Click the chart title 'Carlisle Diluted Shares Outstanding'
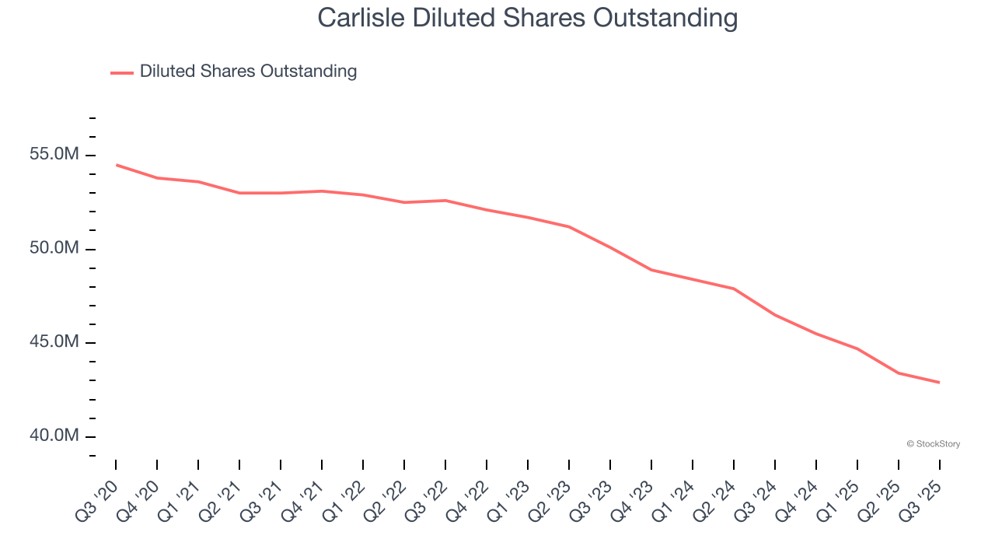pyautogui.click(x=527, y=18)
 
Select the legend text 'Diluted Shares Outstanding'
pyautogui.click(x=248, y=72)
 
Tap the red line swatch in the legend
pyautogui.click(x=122, y=72)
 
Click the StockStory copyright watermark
pyautogui.click(x=933, y=444)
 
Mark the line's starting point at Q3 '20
pyautogui.click(x=117, y=165)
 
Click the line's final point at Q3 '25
pyautogui.click(x=939, y=382)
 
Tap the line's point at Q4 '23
pyautogui.click(x=651, y=270)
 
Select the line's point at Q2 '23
pyautogui.click(x=569, y=227)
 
